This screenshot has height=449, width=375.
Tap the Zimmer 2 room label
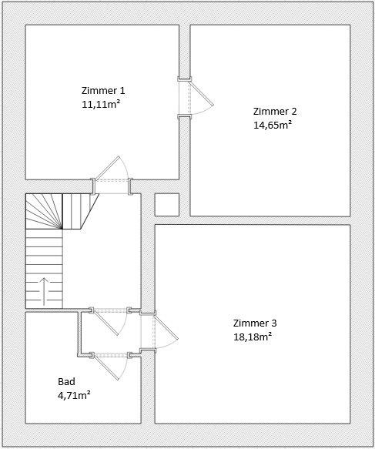click(x=274, y=110)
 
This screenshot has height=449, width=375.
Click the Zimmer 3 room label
click(x=253, y=323)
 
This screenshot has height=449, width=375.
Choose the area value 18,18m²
click(x=253, y=336)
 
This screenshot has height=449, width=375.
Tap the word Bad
click(x=67, y=382)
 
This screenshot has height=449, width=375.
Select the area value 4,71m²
click(x=75, y=395)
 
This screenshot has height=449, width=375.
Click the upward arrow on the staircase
click(x=43, y=290)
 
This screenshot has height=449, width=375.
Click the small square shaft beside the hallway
click(x=167, y=205)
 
